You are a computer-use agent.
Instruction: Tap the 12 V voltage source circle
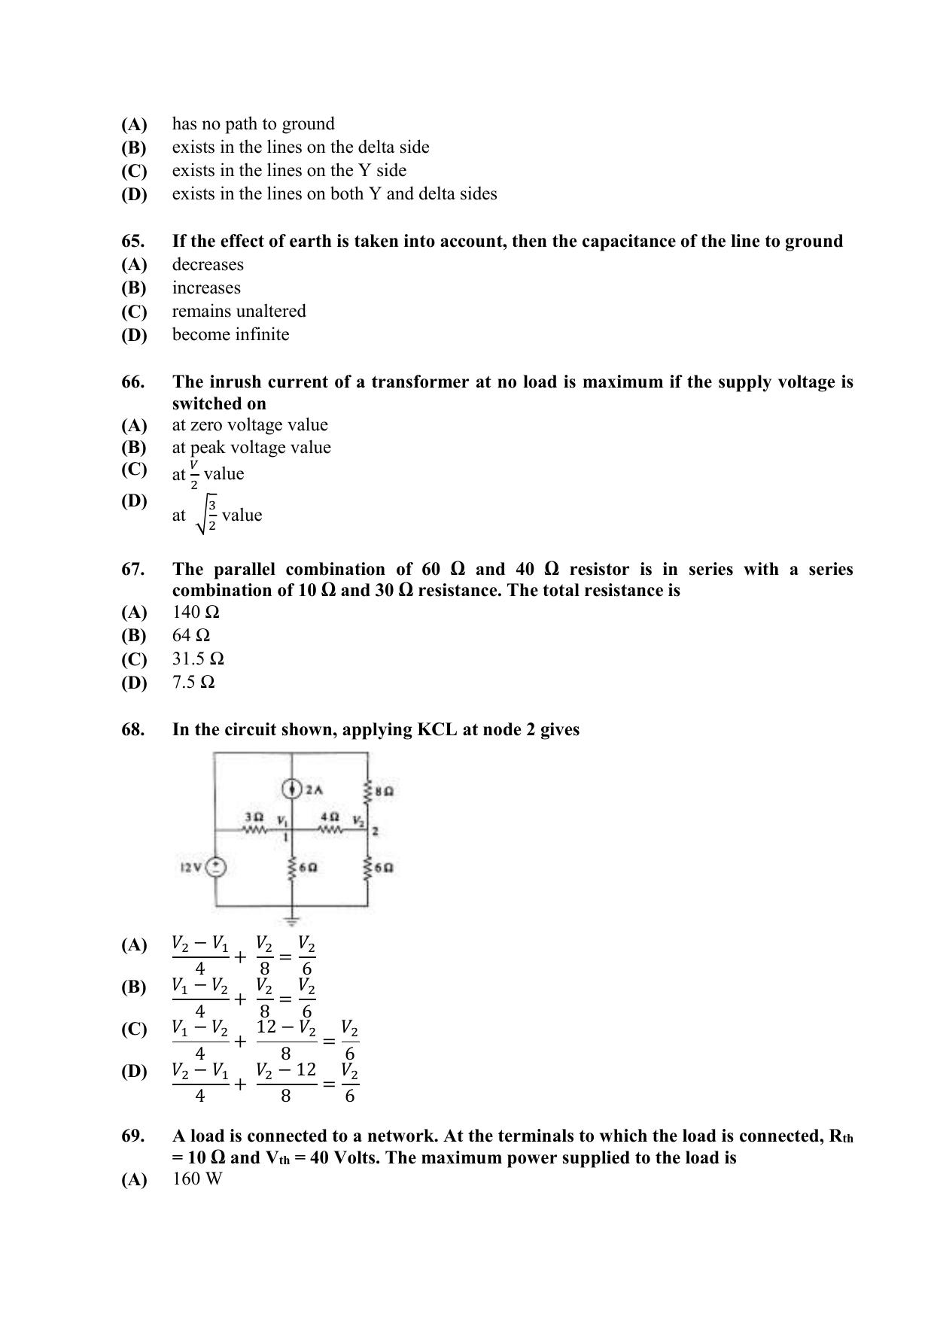coord(216,868)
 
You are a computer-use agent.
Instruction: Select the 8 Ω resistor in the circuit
coord(368,791)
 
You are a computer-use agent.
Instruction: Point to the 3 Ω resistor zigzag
coord(254,830)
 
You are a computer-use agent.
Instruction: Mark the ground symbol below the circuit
coord(293,919)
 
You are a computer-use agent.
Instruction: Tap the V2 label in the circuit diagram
coord(357,820)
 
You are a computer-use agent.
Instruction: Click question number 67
coord(132,570)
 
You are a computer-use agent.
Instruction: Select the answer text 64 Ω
coord(191,635)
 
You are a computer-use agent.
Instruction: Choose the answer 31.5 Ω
coord(198,659)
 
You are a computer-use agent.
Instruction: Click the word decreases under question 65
coord(208,264)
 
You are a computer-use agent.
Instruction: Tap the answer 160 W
coord(197,1179)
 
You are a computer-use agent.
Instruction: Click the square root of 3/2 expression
coord(208,516)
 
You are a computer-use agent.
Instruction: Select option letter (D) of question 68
coord(134,1071)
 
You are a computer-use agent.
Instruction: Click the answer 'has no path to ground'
coord(253,123)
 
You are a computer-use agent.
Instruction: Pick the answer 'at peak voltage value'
coord(251,448)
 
